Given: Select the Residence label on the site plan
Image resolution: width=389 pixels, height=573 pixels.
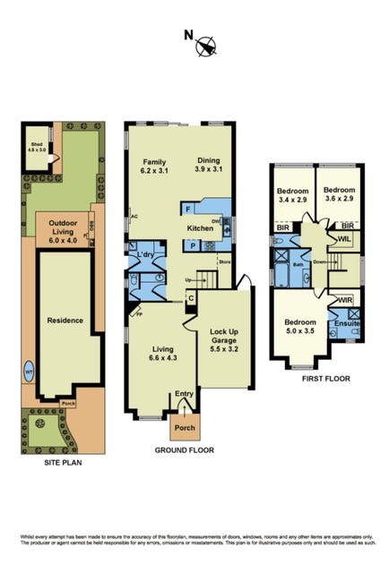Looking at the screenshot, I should tap(65, 320).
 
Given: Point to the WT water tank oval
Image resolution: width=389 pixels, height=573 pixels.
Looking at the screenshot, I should tap(29, 369).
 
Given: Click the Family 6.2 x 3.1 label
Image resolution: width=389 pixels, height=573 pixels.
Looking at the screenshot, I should tap(156, 165).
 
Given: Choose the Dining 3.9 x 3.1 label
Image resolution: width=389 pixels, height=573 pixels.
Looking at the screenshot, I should tap(214, 165).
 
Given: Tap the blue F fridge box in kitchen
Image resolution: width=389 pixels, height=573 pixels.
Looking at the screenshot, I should tap(186, 210).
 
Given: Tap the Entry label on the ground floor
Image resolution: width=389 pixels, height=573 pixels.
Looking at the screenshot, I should tap(185, 393).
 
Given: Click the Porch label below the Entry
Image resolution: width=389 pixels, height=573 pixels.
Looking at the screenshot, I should tap(185, 427).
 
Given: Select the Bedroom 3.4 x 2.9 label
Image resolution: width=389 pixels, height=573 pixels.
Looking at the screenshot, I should tap(292, 196).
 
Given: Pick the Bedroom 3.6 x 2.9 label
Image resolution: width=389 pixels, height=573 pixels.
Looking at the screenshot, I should tap(341, 196).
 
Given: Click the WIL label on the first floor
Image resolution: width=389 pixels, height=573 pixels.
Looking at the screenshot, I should tap(344, 240).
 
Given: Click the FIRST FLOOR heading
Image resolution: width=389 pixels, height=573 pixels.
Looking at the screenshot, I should tap(320, 378).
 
